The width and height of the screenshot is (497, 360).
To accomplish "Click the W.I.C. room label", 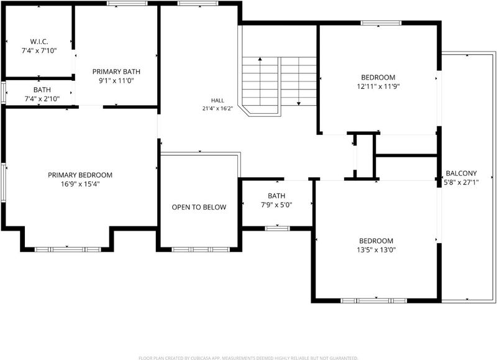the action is tap(39, 42).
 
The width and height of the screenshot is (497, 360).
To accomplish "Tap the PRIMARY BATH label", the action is tap(116, 72).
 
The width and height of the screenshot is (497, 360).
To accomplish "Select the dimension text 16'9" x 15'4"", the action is tap(80, 184).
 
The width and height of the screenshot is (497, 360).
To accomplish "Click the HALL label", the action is tap(217, 101).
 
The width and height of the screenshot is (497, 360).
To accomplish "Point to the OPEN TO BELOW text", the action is tap(199, 207).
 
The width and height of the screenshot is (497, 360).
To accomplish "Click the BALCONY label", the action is tap(461, 173).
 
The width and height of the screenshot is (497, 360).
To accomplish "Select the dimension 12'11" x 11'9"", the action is tap(378, 86).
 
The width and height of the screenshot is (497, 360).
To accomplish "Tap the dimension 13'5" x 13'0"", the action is tap(376, 250).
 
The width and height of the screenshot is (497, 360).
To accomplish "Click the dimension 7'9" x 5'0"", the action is tap(276, 205).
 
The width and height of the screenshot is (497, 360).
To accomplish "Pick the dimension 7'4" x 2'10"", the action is tap(42, 99).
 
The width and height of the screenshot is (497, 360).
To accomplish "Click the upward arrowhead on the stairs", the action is tap(260, 59).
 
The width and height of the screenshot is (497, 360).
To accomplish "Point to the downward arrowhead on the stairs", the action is tap(299, 103).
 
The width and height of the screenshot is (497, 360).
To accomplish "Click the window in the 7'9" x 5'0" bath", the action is tap(277, 228).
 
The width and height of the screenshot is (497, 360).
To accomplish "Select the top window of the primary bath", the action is tap(127, 3).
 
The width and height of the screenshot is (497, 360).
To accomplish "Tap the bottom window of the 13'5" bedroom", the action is tap(374, 301).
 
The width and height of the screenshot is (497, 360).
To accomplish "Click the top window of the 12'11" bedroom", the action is tap(381, 23).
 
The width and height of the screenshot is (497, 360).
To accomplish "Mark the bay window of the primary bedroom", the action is tap(68, 249).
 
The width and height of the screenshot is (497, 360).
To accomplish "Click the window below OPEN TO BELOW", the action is tap(201, 249).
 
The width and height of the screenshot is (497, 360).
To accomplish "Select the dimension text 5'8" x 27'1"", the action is tap(460, 182).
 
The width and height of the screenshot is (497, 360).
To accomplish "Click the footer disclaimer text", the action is tap(248, 358).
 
